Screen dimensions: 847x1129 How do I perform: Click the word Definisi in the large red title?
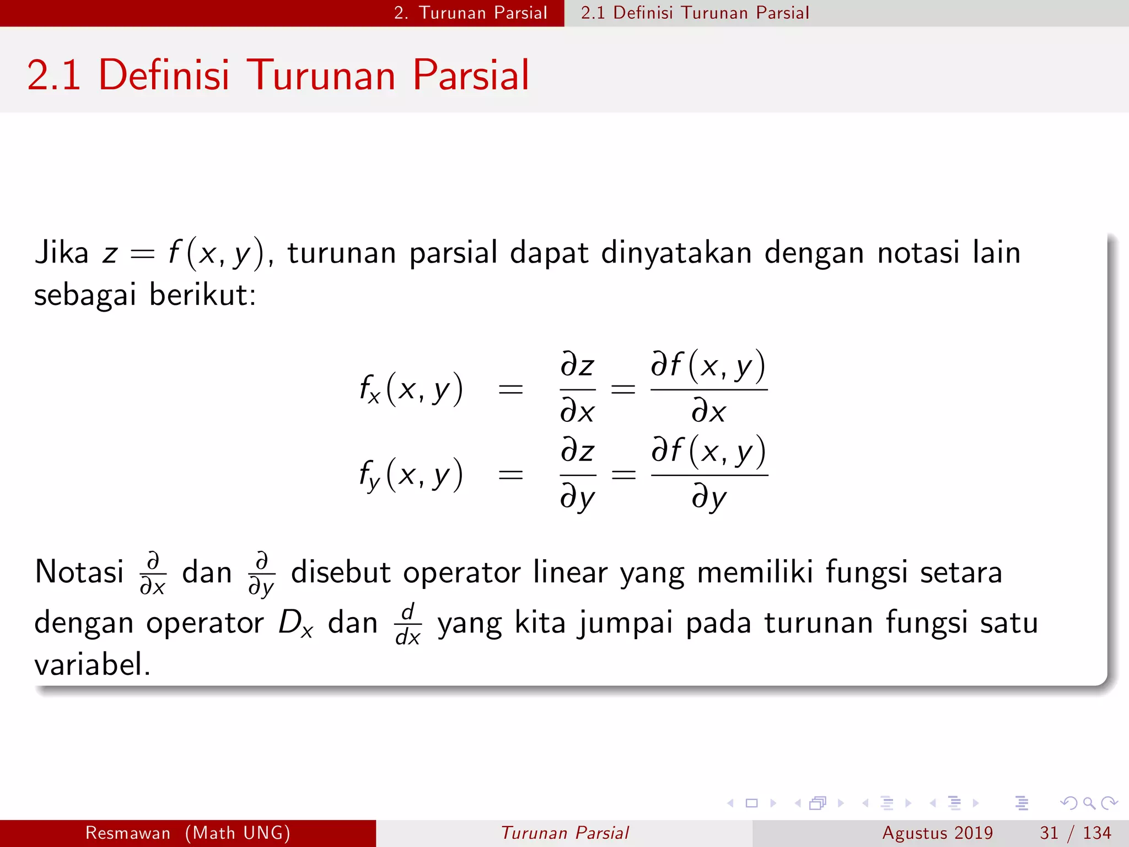click(x=164, y=75)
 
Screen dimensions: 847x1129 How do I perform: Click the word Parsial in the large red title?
click(x=471, y=75)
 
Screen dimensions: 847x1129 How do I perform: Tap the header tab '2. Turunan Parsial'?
click(x=470, y=13)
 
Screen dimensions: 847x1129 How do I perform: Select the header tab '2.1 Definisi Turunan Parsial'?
click(x=695, y=13)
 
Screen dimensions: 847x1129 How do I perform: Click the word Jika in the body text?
click(x=61, y=253)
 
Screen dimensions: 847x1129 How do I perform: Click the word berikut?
click(x=202, y=295)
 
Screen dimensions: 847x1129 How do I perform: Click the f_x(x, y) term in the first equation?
click(x=411, y=389)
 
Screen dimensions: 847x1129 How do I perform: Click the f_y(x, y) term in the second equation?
click(x=411, y=475)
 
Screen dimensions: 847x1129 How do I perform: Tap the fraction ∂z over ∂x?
click(x=577, y=389)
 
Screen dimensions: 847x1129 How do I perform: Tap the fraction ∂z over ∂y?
click(x=577, y=475)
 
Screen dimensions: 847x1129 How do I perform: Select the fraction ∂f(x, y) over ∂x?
click(x=709, y=389)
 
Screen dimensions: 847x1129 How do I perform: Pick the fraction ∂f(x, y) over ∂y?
click(x=709, y=475)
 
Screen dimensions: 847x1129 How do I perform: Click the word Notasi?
click(x=79, y=572)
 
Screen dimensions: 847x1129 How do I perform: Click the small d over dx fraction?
click(x=408, y=624)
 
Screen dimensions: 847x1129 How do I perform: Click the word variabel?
click(x=92, y=664)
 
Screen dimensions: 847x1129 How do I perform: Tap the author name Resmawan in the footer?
click(x=128, y=833)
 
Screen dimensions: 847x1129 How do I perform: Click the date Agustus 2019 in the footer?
click(x=937, y=833)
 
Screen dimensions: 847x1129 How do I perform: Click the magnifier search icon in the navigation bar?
click(x=1089, y=803)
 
